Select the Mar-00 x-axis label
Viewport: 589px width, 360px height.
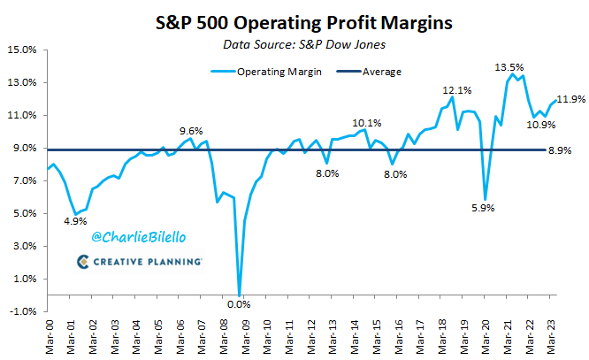point(50,334)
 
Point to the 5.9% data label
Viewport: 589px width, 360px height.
point(481,209)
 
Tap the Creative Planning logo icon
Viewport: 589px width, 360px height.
point(82,262)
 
